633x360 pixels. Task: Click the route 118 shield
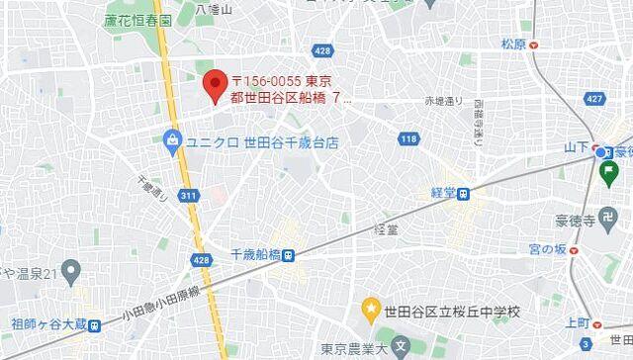pos(407,138)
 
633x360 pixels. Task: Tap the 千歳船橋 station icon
pos(288,255)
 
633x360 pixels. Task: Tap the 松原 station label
pos(512,44)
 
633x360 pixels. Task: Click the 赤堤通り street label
pos(443,100)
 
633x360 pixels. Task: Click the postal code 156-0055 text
pos(265,80)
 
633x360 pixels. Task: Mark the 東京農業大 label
pos(352,347)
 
